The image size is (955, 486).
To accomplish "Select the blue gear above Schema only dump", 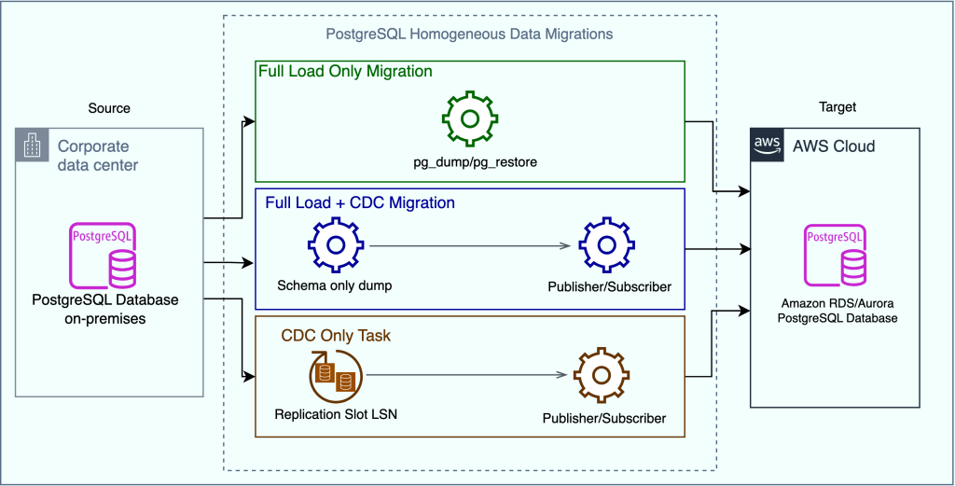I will pyautogui.click(x=334, y=246).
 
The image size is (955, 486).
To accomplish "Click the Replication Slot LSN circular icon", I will pyautogui.click(x=335, y=375).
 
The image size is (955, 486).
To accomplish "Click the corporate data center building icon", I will pyautogui.click(x=33, y=145).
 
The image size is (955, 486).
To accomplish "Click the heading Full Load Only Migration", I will pyautogui.click(x=345, y=71).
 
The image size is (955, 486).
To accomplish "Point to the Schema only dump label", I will pyautogui.click(x=334, y=285).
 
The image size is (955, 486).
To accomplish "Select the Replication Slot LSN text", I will pyautogui.click(x=335, y=413).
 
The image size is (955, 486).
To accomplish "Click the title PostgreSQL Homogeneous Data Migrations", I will pyautogui.click(x=469, y=35).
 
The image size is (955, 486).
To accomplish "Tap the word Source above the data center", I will pyautogui.click(x=109, y=108).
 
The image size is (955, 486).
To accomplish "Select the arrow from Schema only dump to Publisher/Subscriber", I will pyautogui.click(x=470, y=246).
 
